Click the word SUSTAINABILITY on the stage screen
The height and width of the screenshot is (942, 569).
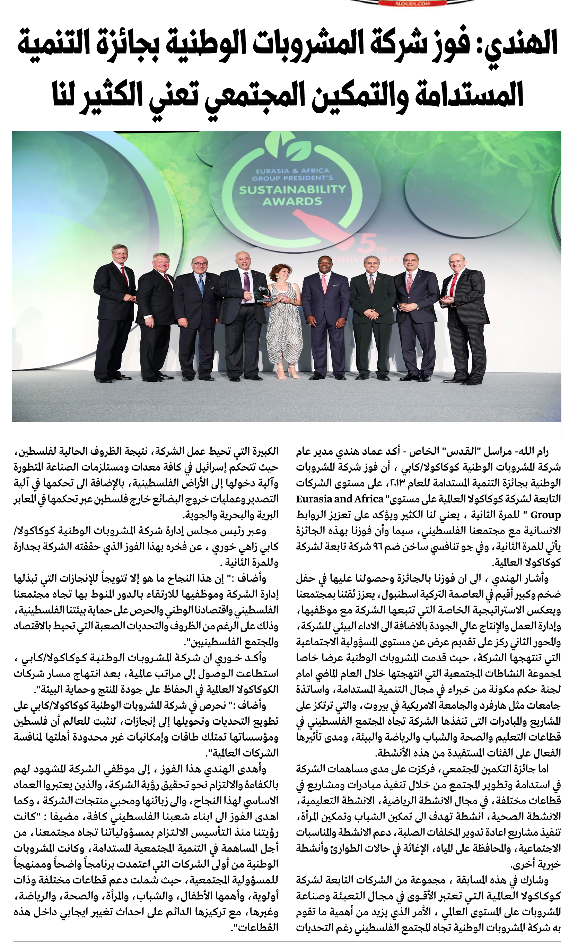pos(292,189)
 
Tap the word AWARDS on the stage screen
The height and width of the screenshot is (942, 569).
pos(292,201)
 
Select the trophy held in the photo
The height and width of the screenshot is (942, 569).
pos(263,295)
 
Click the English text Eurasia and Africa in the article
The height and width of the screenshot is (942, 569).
pos(340,499)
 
